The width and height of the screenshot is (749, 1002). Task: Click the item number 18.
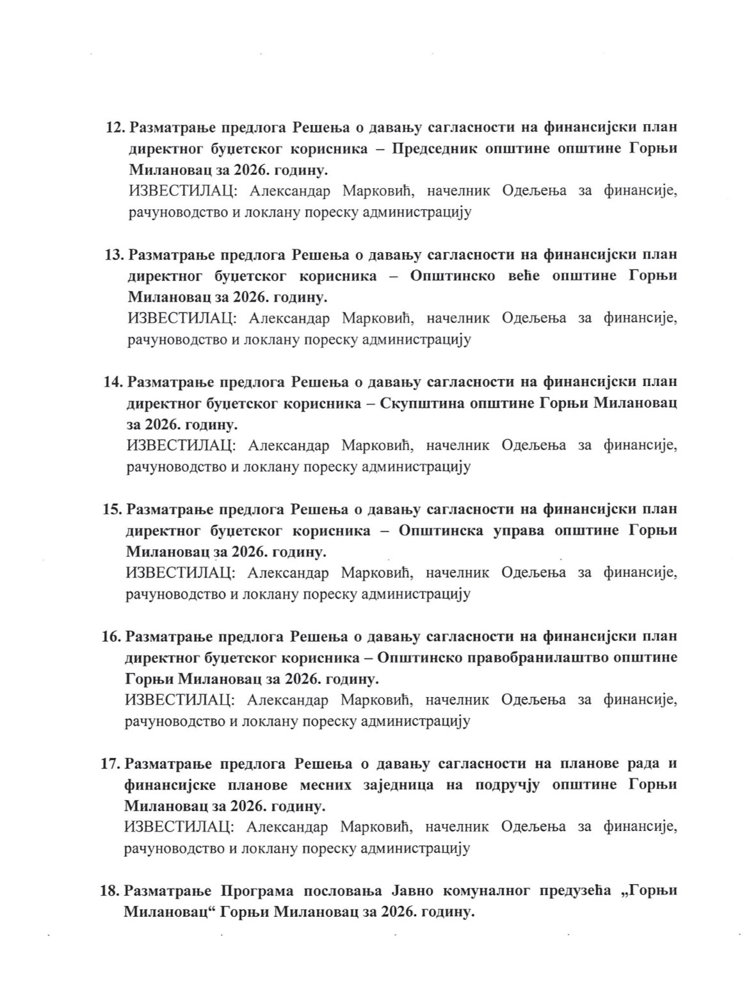pos(111,891)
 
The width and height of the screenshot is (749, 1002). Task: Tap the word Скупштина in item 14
pos(422,403)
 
